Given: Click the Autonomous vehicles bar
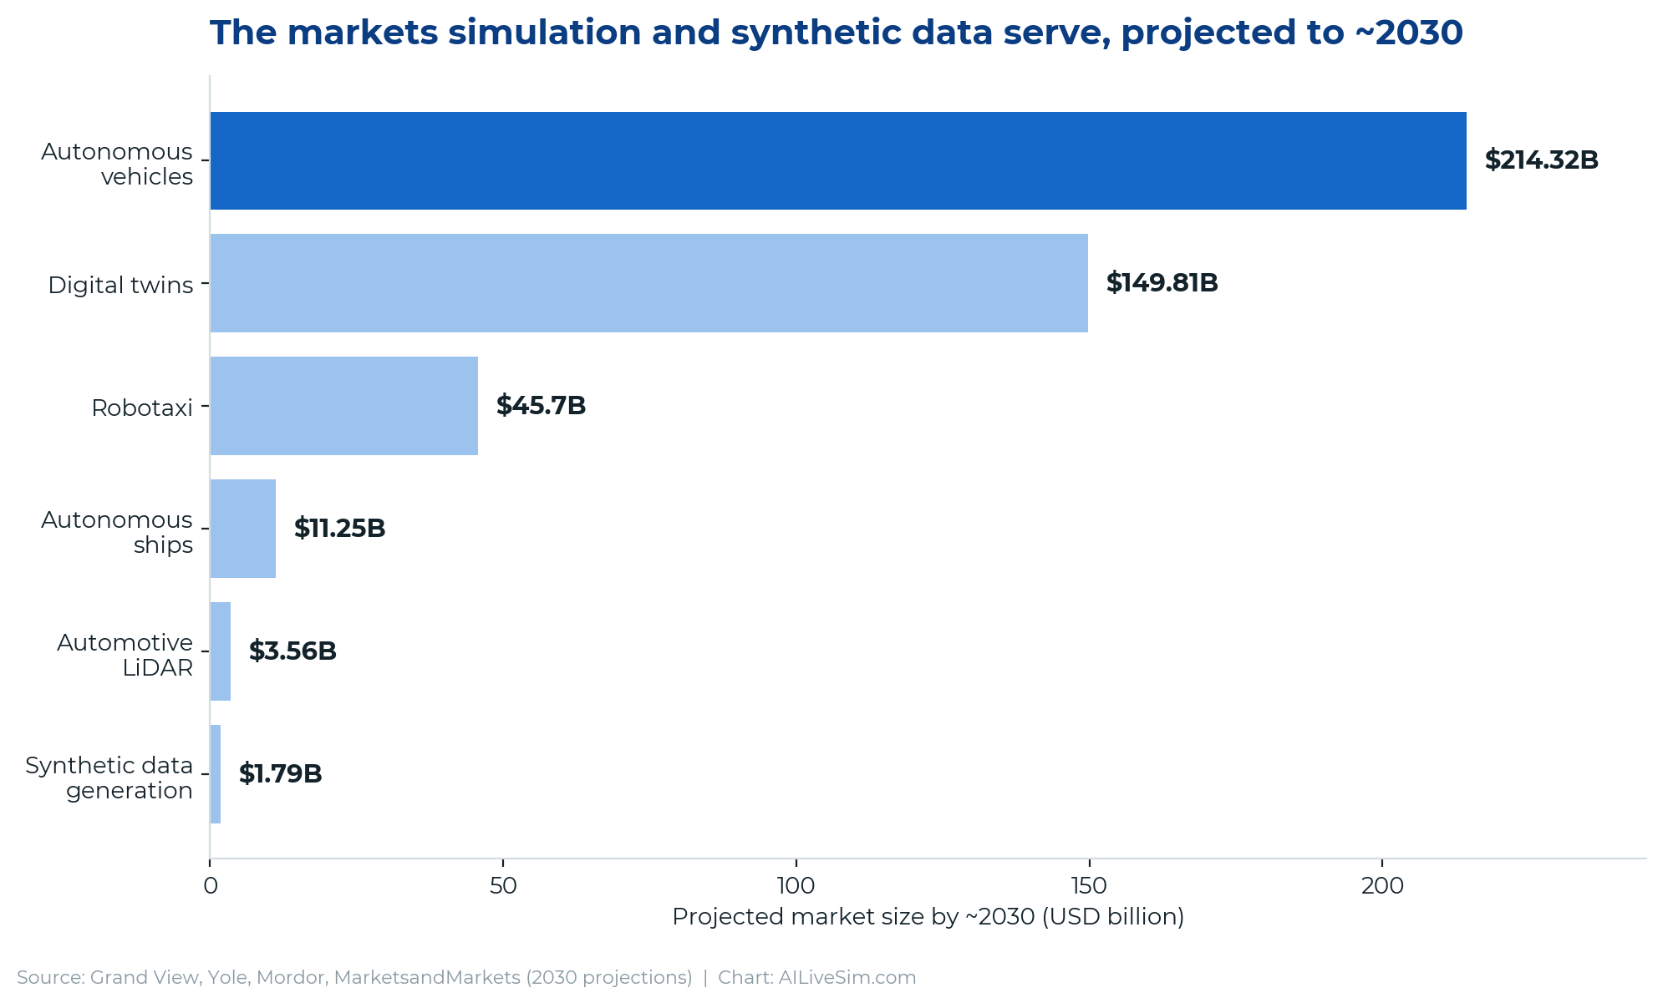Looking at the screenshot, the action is pyautogui.click(x=838, y=160).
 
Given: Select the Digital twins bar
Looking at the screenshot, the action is pyautogui.click(x=648, y=283).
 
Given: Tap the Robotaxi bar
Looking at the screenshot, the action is pyautogui.click(x=343, y=406).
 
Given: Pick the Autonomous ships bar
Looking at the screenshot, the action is pyautogui.click(x=242, y=529).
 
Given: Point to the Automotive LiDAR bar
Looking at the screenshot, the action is pyautogui.click(x=220, y=651).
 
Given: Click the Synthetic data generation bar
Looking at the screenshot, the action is pyautogui.click(x=215, y=774).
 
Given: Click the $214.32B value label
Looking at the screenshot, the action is pyautogui.click(x=1541, y=160).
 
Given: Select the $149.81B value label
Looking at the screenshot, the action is pyautogui.click(x=1162, y=283).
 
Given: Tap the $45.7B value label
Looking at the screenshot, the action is pyautogui.click(x=541, y=406).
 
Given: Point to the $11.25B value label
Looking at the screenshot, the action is pyautogui.click(x=339, y=529).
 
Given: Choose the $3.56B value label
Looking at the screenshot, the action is pyautogui.click(x=292, y=651).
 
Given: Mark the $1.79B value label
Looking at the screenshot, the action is pyautogui.click(x=280, y=774).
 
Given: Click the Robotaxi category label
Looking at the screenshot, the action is pyautogui.click(x=142, y=408).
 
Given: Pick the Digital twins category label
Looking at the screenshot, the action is pyautogui.click(x=120, y=286).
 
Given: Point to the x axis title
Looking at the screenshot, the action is pyautogui.click(x=928, y=917).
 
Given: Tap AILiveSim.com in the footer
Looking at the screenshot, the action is pyautogui.click(x=847, y=977).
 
